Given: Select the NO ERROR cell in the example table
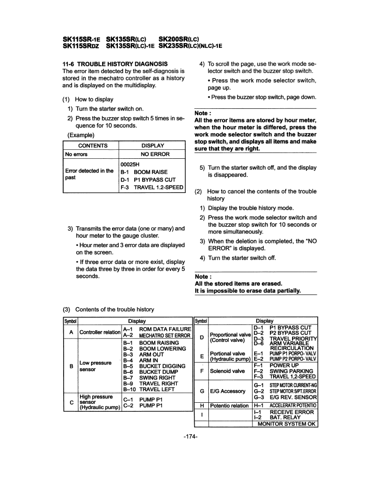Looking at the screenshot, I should (x=153, y=154).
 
